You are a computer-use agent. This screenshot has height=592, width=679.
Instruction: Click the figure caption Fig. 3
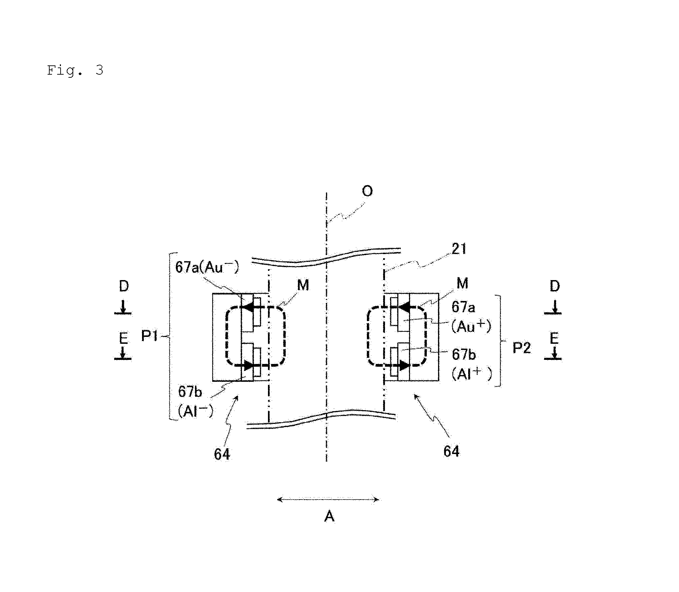click(x=75, y=71)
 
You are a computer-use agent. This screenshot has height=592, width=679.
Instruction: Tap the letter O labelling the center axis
click(x=367, y=191)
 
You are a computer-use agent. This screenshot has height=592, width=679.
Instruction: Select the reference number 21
click(x=459, y=249)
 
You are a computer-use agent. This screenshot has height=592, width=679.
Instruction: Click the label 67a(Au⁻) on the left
click(x=207, y=267)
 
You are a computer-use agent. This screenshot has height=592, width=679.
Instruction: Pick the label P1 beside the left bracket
click(x=150, y=336)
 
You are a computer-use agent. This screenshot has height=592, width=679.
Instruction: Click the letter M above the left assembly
click(x=303, y=285)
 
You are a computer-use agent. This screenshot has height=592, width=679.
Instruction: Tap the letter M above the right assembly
click(x=462, y=283)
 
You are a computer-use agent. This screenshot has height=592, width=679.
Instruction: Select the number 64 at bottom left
click(x=222, y=454)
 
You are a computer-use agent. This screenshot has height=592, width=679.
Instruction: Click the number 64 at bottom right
click(x=451, y=451)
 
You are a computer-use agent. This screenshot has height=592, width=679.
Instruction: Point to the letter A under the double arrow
click(x=329, y=516)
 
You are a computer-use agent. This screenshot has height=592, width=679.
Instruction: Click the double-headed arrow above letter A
click(x=328, y=500)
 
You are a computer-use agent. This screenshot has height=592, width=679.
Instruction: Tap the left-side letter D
click(x=124, y=286)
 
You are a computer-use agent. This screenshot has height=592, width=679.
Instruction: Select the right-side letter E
click(x=554, y=339)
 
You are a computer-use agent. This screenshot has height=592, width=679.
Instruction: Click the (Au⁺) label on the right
click(x=471, y=326)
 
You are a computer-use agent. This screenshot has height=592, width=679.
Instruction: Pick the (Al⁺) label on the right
click(x=472, y=374)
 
